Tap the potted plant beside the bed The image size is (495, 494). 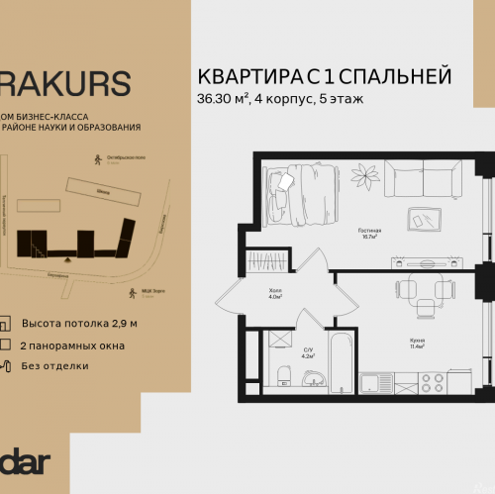[367, 178]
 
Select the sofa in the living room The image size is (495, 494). [422, 179]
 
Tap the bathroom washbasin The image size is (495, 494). [316, 379]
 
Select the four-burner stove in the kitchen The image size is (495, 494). [432, 381]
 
